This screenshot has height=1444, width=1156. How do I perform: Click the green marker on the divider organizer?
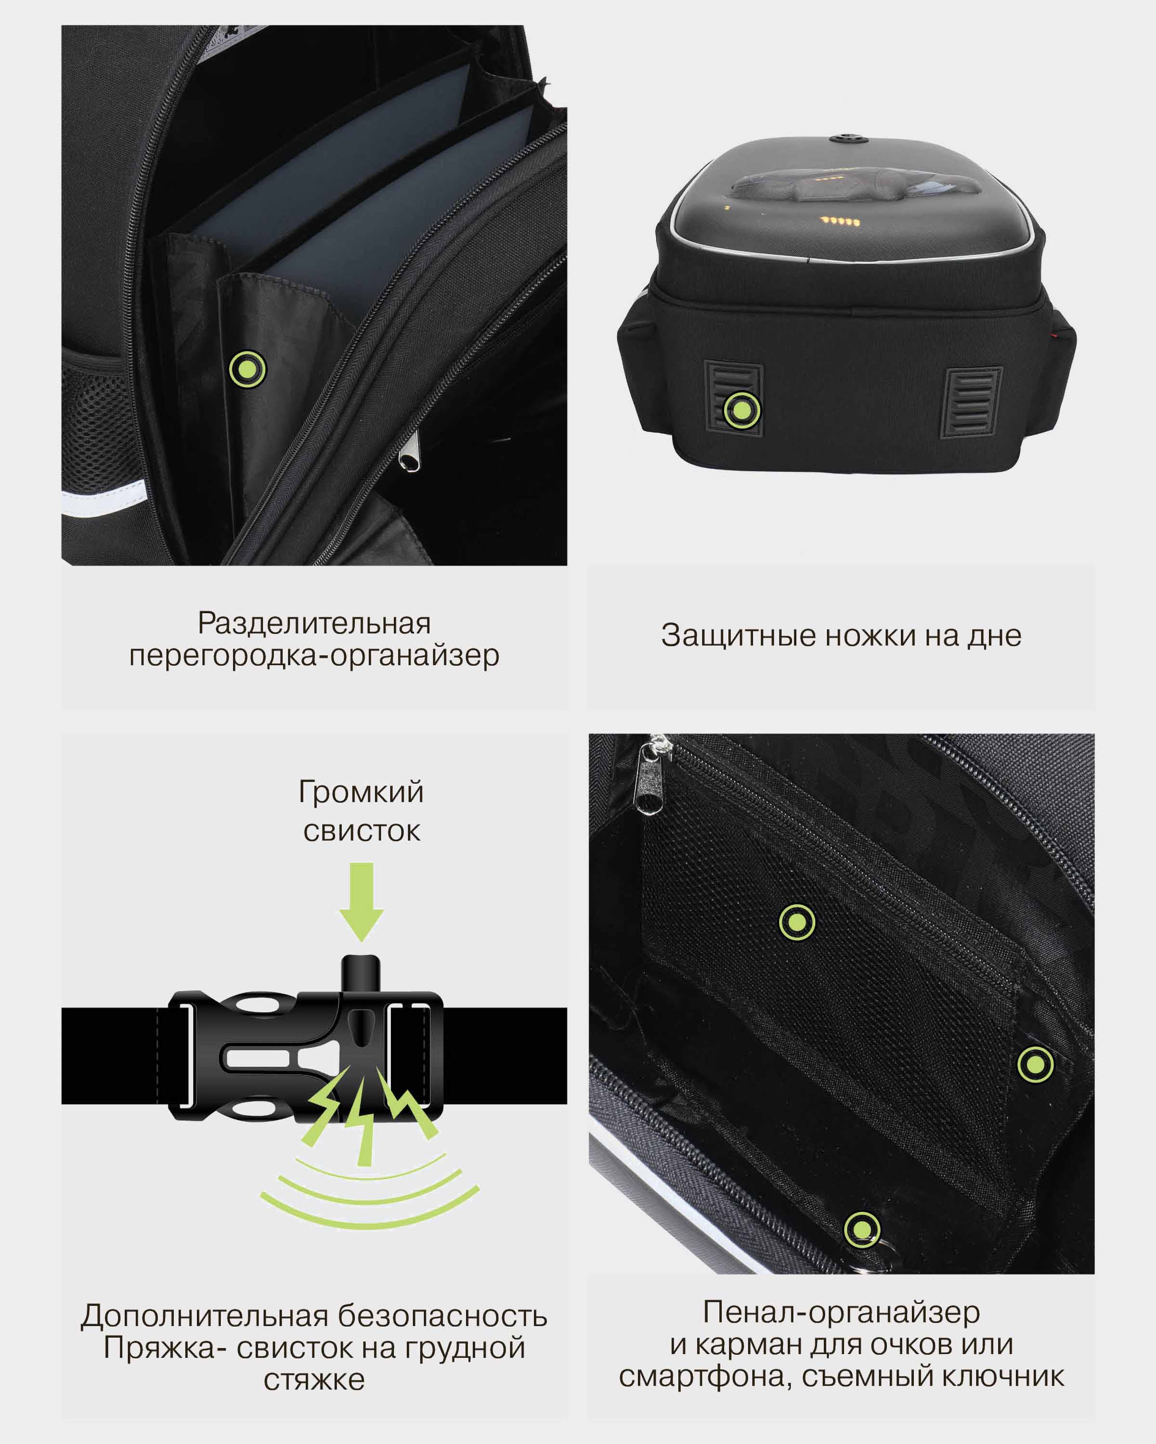tap(248, 369)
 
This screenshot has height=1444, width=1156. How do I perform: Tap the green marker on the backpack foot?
tap(741, 409)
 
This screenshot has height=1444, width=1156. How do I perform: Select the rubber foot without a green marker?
tap(972, 402)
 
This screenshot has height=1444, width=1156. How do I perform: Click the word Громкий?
tap(361, 792)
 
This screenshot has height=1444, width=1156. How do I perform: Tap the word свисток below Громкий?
tap(362, 831)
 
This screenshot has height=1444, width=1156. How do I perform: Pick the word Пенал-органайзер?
tap(841, 1312)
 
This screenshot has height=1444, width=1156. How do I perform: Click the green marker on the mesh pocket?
tap(797, 922)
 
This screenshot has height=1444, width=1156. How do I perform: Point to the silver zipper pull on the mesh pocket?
tap(649, 777)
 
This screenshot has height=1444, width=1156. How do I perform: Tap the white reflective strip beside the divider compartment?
tap(104, 499)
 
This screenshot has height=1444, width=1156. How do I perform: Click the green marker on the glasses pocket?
tap(1036, 1064)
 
